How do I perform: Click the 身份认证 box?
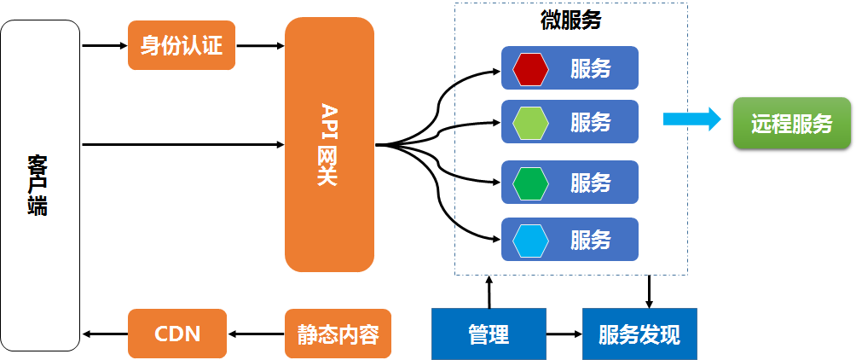coord(182,45)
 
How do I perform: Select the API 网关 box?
coord(329,145)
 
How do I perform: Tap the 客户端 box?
coord(40,186)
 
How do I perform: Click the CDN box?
coord(177,334)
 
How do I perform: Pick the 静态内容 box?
coord(338,334)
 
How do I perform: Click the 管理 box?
coord(489,334)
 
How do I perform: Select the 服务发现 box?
coord(639,334)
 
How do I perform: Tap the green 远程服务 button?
coord(791,124)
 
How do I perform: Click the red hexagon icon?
coord(530,69)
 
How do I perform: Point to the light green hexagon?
coord(530,123)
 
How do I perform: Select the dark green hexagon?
coord(530,183)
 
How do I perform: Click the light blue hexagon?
coord(530,241)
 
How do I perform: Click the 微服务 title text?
coord(571,20)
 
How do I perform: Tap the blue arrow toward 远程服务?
coord(692,119)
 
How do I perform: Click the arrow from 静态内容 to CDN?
coord(256,334)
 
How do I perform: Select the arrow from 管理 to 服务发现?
coord(564,334)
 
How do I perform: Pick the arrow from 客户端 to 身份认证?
coord(104,46)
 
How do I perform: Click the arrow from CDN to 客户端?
coord(104,334)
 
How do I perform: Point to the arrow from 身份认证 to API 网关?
coord(260,46)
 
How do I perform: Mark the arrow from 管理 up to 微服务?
coord(489,292)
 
